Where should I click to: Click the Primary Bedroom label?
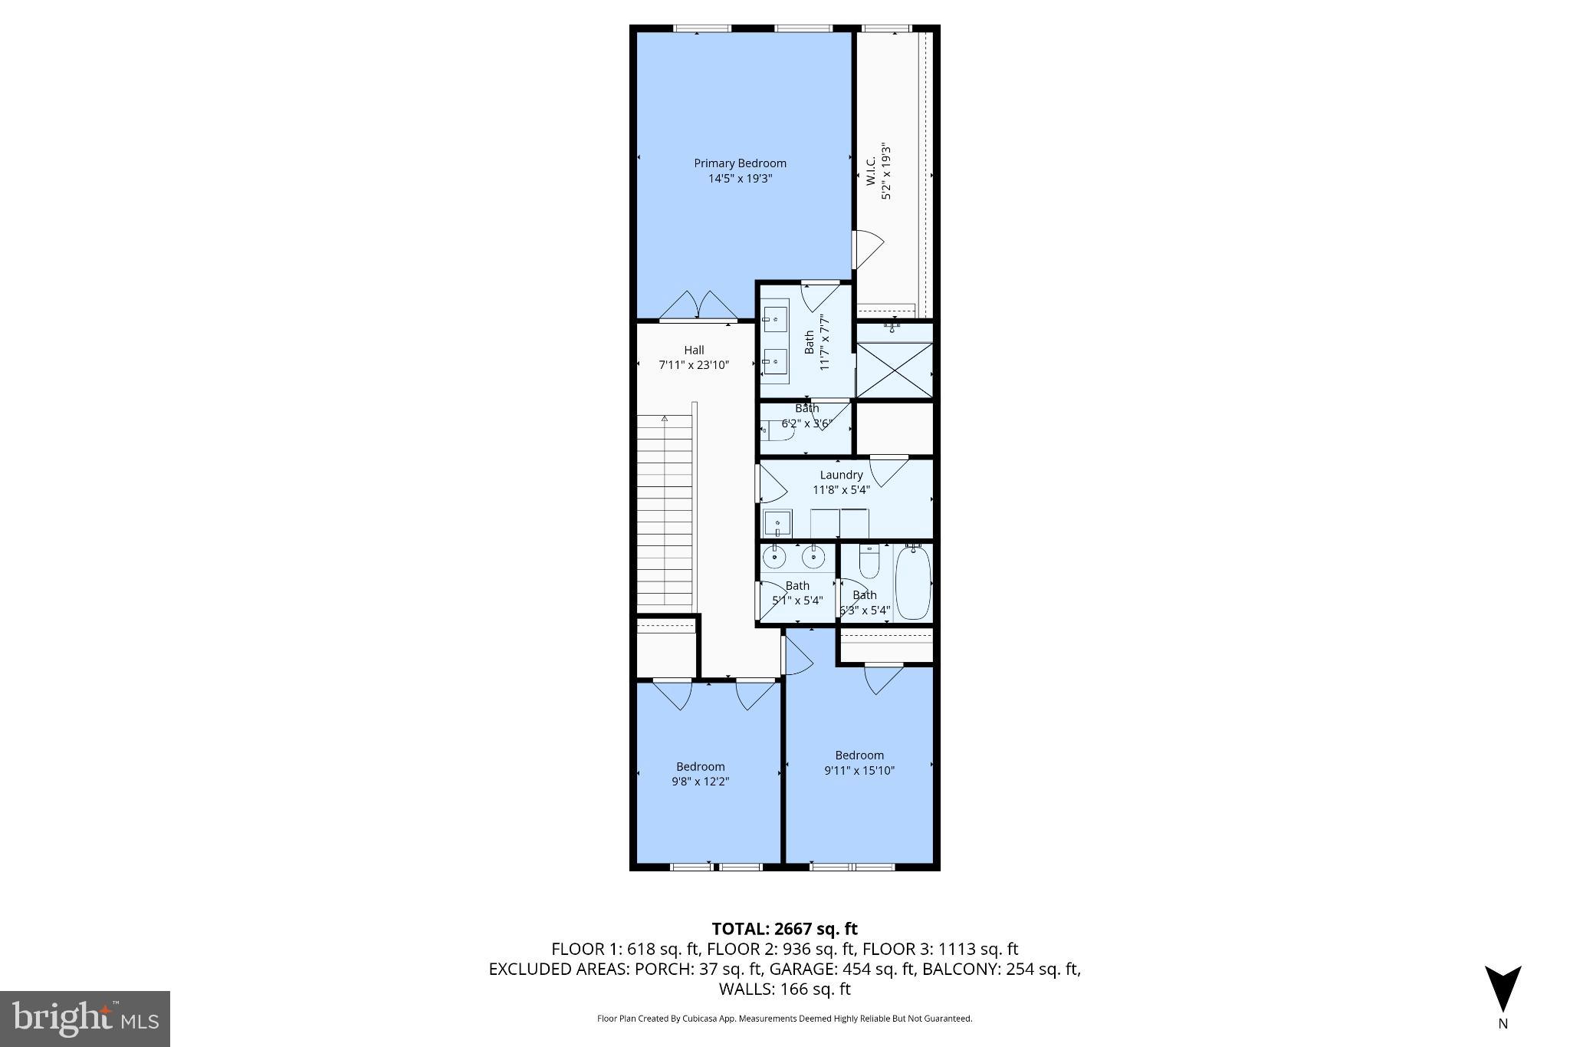(x=740, y=163)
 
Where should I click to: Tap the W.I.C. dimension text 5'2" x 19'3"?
(x=886, y=171)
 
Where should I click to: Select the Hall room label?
(x=694, y=351)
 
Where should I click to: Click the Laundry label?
(x=841, y=475)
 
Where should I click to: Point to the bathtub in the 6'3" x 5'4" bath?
(x=912, y=583)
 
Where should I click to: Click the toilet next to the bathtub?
(x=869, y=563)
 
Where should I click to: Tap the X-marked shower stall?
(x=894, y=370)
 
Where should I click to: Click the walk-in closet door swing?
(x=868, y=245)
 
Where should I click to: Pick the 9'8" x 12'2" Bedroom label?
(x=700, y=767)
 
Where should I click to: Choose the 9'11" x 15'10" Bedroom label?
(x=859, y=756)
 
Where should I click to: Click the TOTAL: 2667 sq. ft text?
(x=784, y=929)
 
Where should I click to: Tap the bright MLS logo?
(x=85, y=1019)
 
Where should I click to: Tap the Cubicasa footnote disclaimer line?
(x=784, y=1019)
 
